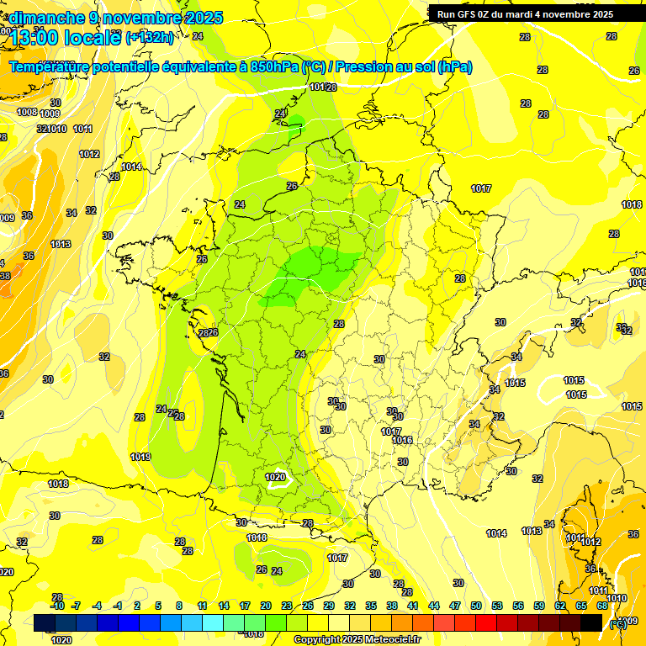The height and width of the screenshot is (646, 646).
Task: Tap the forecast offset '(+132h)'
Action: [x=150, y=37]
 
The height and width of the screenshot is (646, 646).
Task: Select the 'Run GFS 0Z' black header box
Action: [x=525, y=13]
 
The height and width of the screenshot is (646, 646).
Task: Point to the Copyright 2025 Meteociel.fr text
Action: [x=357, y=639]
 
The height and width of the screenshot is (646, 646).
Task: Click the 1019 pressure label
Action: [x=140, y=457]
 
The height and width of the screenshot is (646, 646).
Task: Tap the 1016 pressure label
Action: [x=402, y=440]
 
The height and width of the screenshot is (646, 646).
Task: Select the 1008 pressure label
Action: [x=27, y=112]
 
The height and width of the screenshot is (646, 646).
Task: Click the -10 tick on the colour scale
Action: [x=57, y=606]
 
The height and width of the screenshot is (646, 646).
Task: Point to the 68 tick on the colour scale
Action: [x=602, y=606]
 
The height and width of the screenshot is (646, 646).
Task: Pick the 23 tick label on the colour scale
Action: [x=287, y=606]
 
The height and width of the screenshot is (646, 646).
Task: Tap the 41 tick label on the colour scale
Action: [x=413, y=606]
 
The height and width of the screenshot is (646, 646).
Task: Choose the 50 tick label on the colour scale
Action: [x=476, y=606]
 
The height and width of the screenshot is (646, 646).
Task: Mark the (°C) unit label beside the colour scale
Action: [x=617, y=622]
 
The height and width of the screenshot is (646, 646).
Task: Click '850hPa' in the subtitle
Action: [x=273, y=66]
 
